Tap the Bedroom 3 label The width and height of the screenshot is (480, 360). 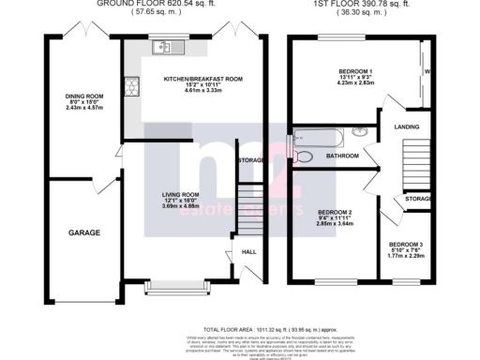coord(408,245)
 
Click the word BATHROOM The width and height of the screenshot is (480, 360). coord(342,156)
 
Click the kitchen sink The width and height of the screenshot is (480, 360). coord(173,46)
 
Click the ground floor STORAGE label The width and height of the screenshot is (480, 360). coord(250,161)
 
